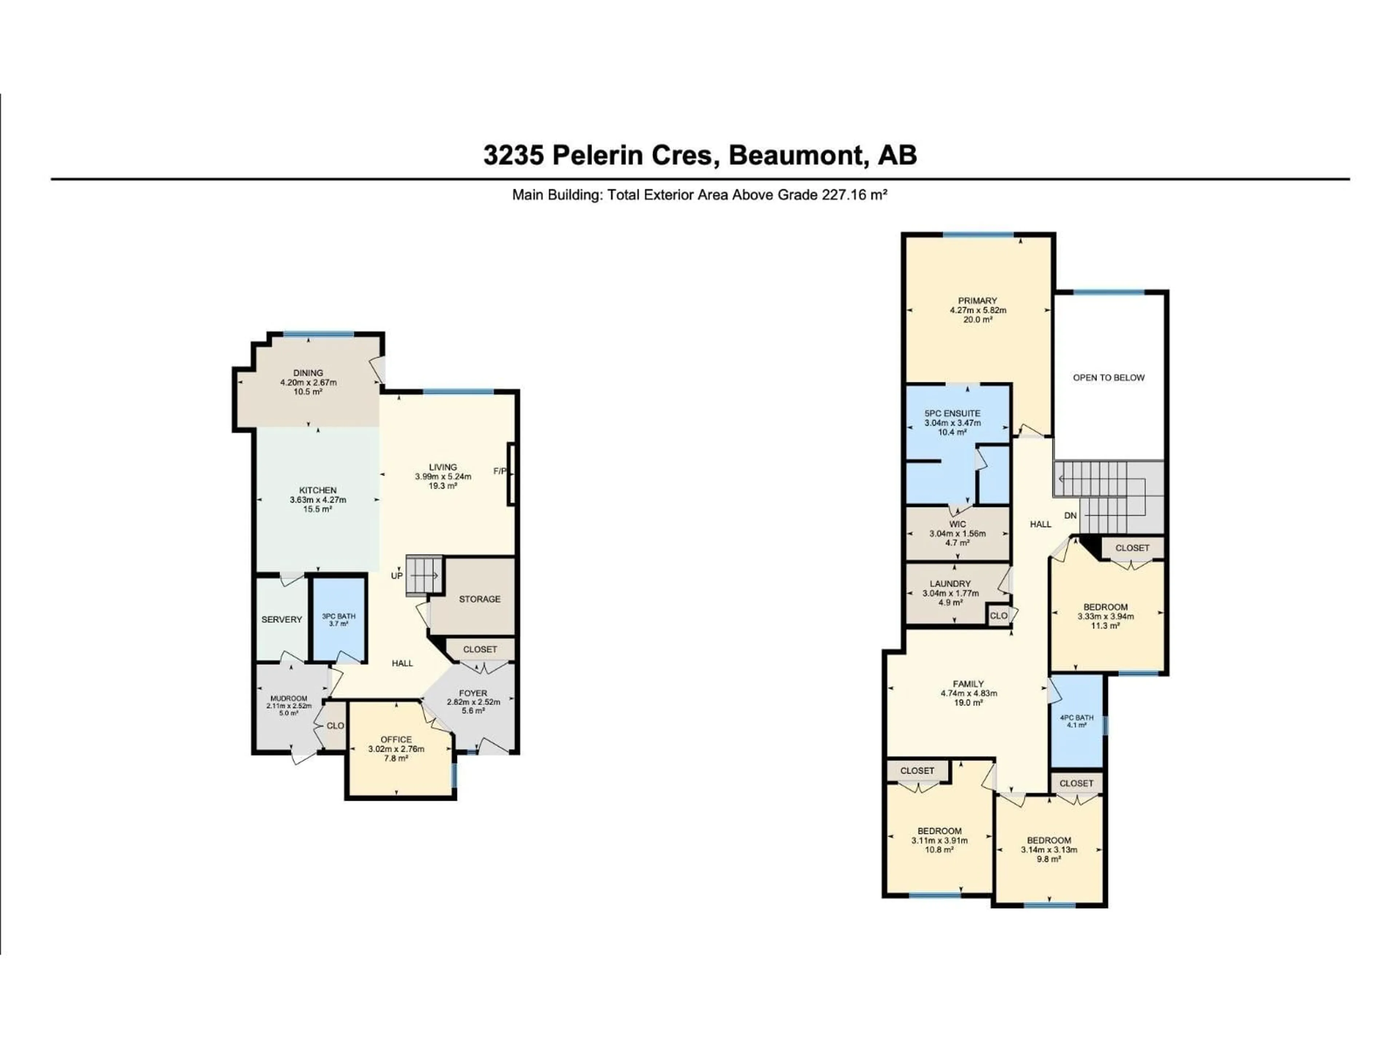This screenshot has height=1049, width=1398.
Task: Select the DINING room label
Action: (x=308, y=373)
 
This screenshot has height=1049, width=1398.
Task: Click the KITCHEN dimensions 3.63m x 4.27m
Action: (x=318, y=499)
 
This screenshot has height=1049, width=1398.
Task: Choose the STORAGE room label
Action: (x=480, y=599)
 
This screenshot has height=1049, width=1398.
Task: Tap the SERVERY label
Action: (x=282, y=620)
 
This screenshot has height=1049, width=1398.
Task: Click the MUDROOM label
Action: (x=289, y=699)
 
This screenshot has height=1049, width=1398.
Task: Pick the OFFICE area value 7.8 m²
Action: (x=396, y=758)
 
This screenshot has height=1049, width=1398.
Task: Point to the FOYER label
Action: (x=473, y=693)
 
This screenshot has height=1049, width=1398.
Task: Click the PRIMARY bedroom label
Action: (x=978, y=301)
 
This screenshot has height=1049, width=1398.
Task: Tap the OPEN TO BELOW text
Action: (x=1109, y=377)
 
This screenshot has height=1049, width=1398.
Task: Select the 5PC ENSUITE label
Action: (x=952, y=413)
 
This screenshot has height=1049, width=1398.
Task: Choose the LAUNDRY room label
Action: (x=951, y=584)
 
